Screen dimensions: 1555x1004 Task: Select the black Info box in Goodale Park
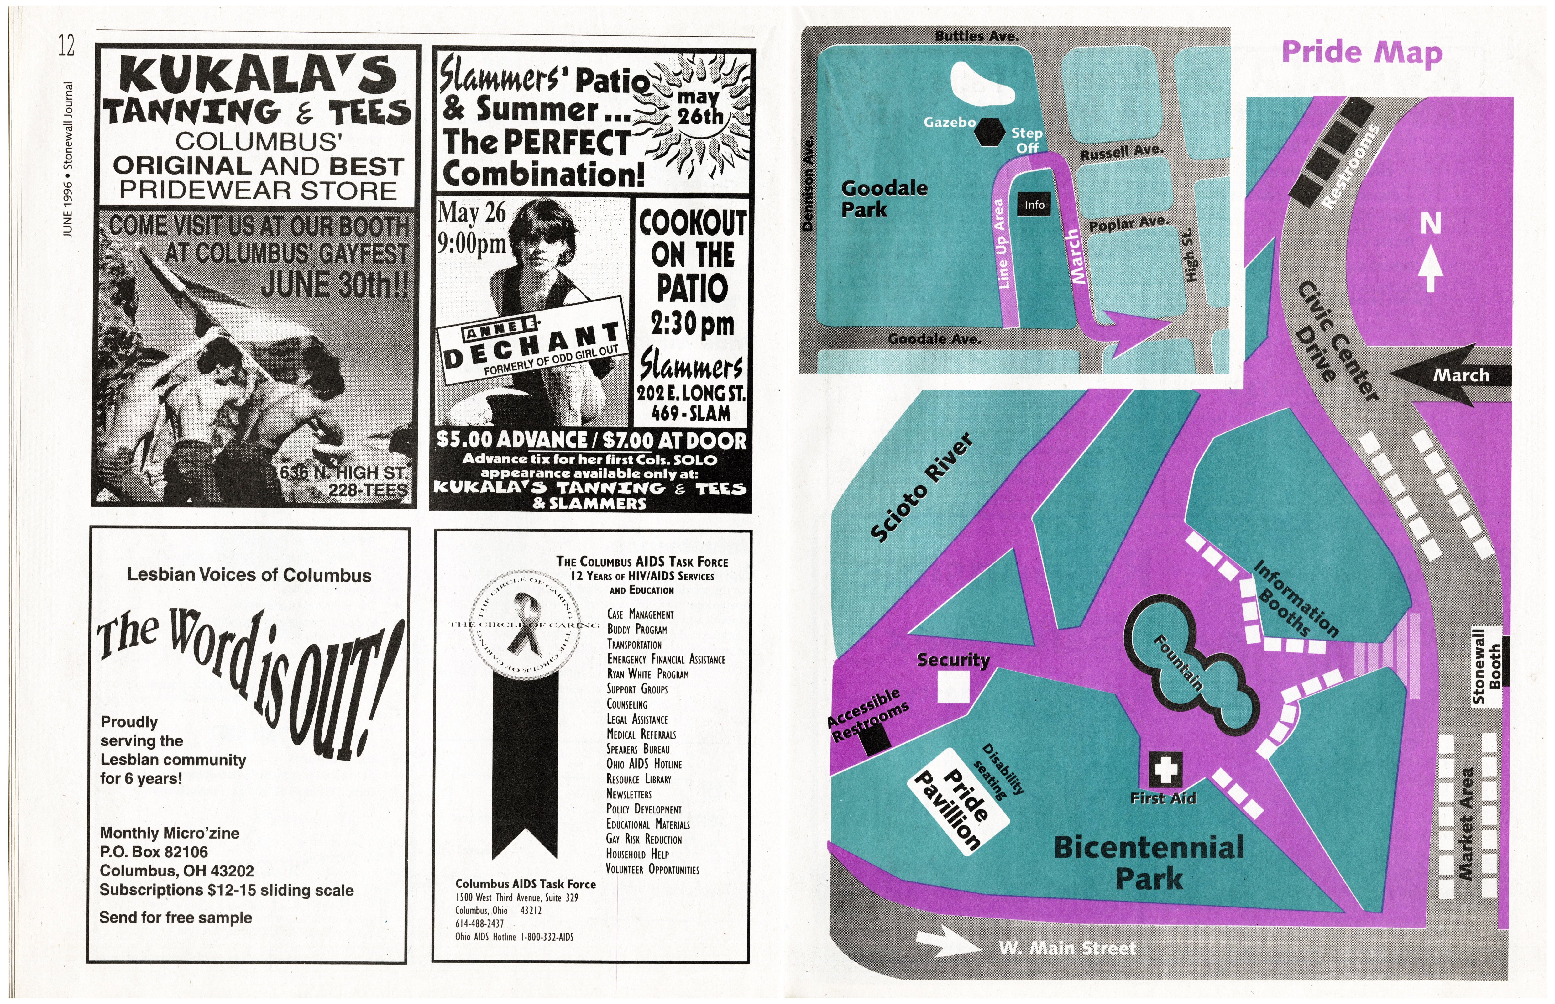tap(1034, 205)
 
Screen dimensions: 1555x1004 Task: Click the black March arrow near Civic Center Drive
tap(1450, 375)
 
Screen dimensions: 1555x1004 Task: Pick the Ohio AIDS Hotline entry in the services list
tap(643, 764)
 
